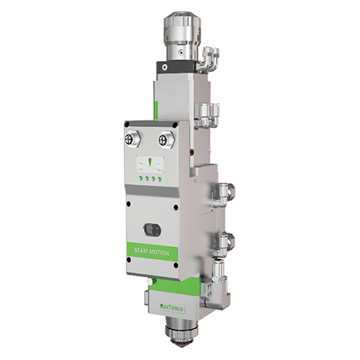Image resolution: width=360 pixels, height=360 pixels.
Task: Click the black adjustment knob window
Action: (150, 228)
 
